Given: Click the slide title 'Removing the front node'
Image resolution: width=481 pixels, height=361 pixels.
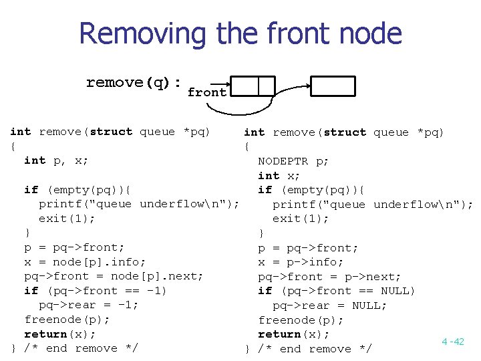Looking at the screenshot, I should point(240,33).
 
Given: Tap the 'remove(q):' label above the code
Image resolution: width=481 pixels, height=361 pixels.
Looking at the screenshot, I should point(134,83).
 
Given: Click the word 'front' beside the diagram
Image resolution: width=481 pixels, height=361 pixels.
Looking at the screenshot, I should point(206,93).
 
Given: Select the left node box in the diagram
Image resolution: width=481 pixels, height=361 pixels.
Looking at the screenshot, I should point(257,86).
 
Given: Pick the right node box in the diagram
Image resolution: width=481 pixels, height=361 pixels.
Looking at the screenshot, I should point(334,86).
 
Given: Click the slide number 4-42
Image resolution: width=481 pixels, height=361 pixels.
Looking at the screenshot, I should point(452,342).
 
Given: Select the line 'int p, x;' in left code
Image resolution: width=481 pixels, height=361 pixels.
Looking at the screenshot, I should point(56,160).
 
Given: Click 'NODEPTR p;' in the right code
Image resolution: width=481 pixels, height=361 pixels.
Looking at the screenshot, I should point(293,161).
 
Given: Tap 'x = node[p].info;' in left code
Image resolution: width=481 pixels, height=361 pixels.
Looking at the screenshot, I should point(85,262).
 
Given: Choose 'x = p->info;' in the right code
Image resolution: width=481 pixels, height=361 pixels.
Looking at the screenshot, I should point(301,262).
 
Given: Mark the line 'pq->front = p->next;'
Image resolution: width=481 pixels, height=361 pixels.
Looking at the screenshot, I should point(329,277).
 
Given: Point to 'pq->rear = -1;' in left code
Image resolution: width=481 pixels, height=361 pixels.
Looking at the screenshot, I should point(88,306).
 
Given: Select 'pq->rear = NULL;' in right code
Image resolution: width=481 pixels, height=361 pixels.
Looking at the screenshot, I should point(329,306).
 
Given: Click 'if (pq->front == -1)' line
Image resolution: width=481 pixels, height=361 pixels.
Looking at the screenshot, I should point(96,291).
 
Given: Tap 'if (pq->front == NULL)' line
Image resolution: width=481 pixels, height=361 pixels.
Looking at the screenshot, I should point(337,291).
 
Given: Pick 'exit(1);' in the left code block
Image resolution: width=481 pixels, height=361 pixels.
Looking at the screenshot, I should point(67,219).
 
